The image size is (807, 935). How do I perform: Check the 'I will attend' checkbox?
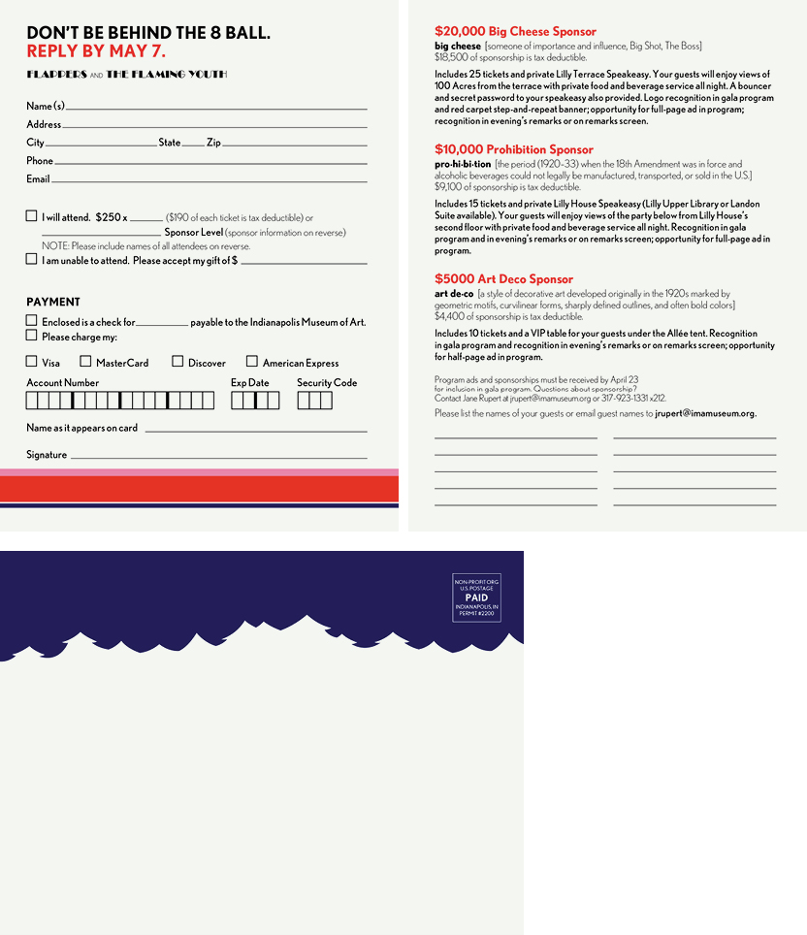click(32, 216)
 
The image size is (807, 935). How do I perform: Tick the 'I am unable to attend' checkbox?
click(32, 259)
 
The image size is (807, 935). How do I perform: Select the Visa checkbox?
click(32, 362)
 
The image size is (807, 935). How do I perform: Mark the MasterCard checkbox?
click(85, 362)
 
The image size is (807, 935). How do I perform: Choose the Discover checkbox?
click(178, 362)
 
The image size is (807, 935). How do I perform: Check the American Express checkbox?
click(252, 362)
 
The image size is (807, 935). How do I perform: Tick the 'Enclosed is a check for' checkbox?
click(32, 321)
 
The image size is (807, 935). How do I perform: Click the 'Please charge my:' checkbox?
click(32, 336)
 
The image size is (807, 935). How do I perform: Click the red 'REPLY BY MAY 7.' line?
click(96, 51)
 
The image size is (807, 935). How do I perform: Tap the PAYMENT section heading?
click(53, 302)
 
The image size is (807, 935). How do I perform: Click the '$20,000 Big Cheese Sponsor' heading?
click(515, 32)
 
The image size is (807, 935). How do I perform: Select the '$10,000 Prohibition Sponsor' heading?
click(514, 149)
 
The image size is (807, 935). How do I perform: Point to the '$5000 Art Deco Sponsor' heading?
click(503, 279)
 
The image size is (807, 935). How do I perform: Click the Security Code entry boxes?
click(314, 401)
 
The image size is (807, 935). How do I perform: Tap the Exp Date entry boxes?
click(255, 401)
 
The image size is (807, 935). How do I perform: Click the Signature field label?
click(47, 455)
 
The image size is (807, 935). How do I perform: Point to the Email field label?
click(38, 179)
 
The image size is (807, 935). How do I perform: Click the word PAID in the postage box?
click(476, 597)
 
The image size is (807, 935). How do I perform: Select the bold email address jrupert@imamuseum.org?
click(705, 413)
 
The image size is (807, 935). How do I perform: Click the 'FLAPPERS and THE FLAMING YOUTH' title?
click(126, 75)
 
